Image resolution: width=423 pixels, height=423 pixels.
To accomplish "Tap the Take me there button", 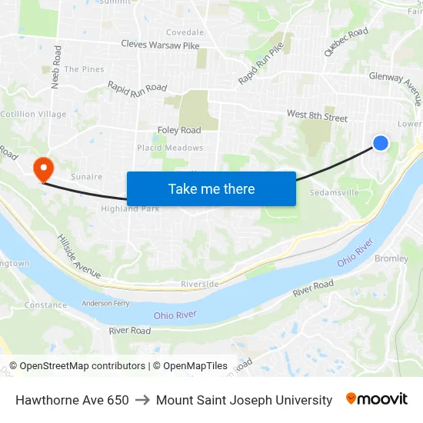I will [x=211, y=188].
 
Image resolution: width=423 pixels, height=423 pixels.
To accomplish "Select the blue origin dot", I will [x=381, y=142].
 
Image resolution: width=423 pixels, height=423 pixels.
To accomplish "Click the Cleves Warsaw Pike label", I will [x=160, y=45].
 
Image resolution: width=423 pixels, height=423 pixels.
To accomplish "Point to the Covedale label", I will [x=185, y=32].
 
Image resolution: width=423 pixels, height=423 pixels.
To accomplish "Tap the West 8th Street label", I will [x=317, y=116].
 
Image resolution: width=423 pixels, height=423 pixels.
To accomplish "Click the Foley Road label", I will [x=179, y=130].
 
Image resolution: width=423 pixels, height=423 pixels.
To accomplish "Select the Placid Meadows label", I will [x=170, y=148].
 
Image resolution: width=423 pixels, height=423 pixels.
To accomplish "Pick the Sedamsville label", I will [x=334, y=193].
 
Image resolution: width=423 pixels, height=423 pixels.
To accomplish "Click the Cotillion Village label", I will [x=33, y=114].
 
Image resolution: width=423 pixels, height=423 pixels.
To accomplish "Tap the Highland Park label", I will [x=130, y=208].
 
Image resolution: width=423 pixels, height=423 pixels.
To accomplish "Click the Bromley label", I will [x=391, y=258].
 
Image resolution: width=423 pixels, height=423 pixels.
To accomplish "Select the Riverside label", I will [x=200, y=284].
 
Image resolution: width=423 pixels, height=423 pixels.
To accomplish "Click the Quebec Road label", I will [x=346, y=42].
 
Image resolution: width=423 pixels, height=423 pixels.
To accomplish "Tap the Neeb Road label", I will [x=55, y=66].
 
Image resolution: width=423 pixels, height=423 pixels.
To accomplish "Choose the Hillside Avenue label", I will [x=78, y=256].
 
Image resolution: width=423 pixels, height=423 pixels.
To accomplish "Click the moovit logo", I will [x=377, y=399].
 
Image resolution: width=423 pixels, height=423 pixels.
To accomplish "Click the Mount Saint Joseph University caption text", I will [x=244, y=400].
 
